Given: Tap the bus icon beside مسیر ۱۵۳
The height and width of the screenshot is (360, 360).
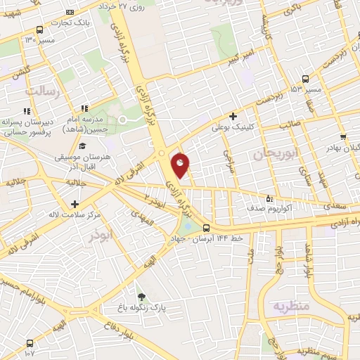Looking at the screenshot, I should click(305, 79).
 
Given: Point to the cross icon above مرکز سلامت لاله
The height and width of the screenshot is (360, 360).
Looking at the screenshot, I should click(74, 203).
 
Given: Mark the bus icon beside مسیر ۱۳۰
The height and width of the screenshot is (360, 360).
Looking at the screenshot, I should click(39, 30).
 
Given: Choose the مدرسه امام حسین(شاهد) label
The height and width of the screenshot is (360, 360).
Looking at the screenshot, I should click(89, 125).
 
